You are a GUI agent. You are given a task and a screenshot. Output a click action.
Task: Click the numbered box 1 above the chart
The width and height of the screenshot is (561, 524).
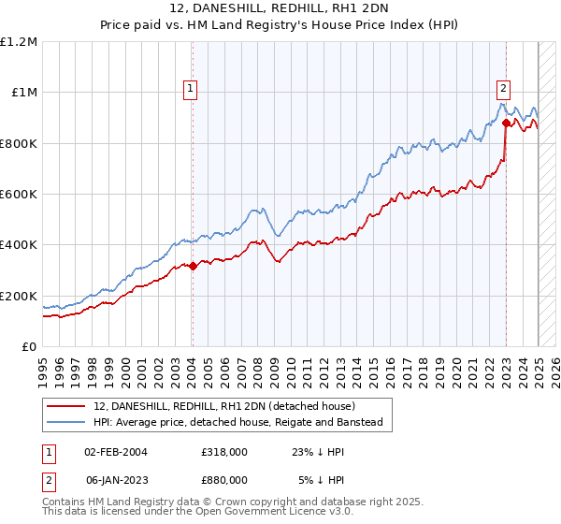tap(191, 89)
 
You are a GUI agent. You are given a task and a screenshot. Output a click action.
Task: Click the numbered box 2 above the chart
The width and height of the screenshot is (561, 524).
tap(503, 89)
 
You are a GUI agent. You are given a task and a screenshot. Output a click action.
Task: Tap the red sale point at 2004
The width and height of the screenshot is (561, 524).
tap(193, 266)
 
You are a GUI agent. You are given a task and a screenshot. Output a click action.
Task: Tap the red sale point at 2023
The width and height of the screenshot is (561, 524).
tap(506, 123)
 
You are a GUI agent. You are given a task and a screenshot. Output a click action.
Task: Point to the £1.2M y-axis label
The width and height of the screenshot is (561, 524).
tap(19, 41)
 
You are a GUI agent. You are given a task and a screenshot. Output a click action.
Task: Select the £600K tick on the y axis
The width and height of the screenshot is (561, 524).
tap(19, 195)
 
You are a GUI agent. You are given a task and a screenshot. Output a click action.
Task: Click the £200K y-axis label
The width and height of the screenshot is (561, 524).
tap(19, 296)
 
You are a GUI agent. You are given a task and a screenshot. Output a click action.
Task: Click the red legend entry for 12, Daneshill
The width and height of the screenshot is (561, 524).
tap(223, 406)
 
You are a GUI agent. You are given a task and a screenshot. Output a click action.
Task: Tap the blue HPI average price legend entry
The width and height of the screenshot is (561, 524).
tap(243, 423)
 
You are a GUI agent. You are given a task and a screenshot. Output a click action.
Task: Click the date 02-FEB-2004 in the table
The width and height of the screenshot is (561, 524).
tap(116, 451)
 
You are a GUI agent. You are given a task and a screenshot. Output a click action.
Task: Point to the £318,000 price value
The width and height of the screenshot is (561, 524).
tap(223, 451)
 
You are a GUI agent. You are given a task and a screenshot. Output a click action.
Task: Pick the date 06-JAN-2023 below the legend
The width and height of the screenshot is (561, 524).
tap(116, 479)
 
